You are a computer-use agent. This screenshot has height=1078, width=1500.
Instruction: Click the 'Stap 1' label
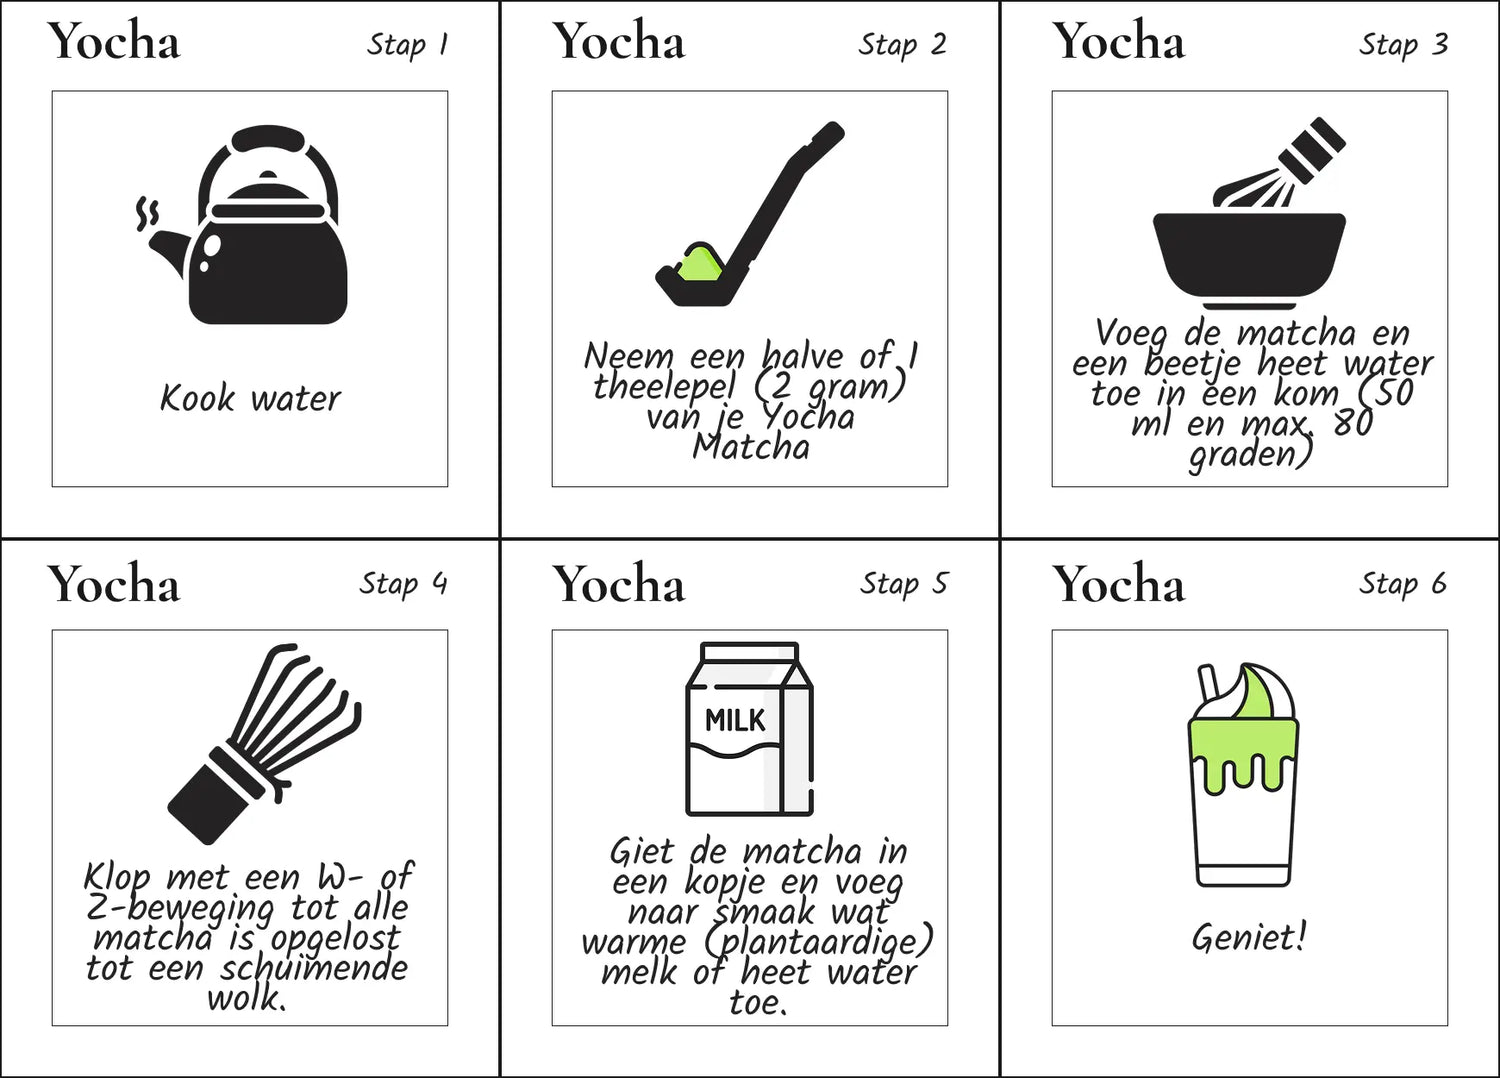click(407, 46)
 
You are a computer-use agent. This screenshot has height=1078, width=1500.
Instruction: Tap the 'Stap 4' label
click(403, 584)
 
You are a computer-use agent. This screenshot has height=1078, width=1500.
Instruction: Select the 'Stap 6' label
click(1403, 584)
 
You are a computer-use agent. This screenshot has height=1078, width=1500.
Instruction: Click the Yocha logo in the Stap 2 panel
click(618, 42)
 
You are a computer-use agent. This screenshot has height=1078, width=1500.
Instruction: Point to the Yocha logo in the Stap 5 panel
click(618, 584)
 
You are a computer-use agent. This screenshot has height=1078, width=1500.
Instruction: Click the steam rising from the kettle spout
click(147, 213)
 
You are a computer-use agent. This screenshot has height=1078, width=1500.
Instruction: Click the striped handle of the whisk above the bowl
click(1312, 150)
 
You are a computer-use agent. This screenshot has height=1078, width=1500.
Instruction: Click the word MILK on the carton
click(735, 721)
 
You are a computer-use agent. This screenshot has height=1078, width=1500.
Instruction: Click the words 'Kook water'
click(250, 398)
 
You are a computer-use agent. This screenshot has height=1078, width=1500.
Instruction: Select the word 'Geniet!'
click(1249, 937)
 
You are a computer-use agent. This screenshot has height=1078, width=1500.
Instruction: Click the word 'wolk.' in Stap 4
click(246, 999)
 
